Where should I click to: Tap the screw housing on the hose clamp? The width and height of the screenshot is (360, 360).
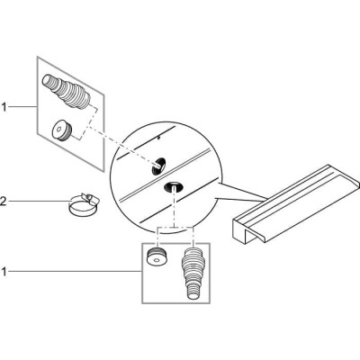(92, 198)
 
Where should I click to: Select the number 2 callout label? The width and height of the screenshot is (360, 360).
(3, 201)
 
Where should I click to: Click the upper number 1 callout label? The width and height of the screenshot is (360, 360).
(4, 107)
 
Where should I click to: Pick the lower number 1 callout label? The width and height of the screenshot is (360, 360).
(4, 272)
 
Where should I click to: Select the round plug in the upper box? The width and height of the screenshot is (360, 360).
(62, 130)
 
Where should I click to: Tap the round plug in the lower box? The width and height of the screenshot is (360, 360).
(157, 257)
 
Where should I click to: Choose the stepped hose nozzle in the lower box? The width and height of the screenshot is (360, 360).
(192, 273)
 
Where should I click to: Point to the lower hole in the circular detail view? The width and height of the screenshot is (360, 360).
(174, 187)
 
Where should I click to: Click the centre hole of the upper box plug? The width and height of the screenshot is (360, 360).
(58, 130)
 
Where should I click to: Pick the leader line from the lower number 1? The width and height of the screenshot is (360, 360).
(75, 272)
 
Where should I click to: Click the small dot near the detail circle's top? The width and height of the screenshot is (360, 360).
(159, 138)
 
